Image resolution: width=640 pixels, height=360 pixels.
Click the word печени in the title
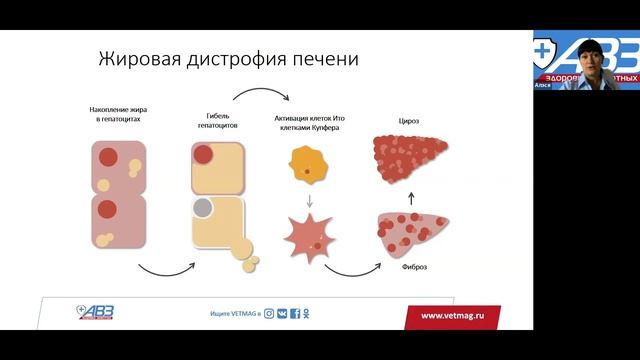tap(323, 59)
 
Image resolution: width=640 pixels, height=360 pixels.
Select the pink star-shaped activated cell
tap(309, 235)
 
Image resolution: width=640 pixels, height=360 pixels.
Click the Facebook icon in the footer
tap(295, 315)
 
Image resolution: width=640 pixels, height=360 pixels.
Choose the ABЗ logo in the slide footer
tap(96, 313)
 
